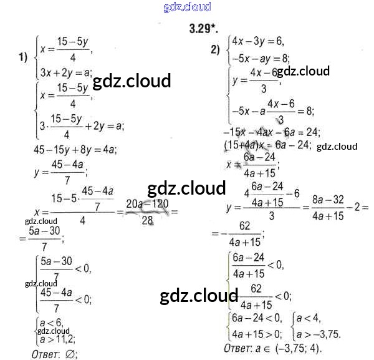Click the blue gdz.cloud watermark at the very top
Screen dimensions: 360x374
pos(186,7)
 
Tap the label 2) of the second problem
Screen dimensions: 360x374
pos(216,51)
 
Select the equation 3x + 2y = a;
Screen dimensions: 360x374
pos(65,72)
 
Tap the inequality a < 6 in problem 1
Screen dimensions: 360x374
pos(50,323)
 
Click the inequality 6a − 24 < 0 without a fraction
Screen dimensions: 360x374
pos(257,318)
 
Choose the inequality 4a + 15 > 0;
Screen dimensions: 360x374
pos(257,333)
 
